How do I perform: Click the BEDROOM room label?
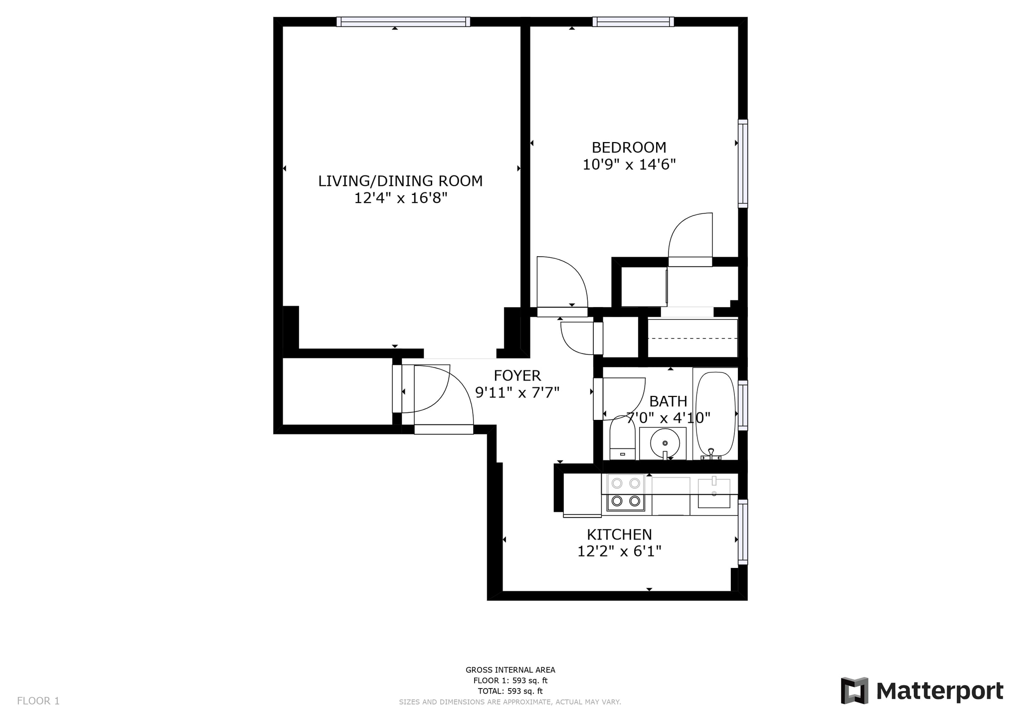click(629, 148)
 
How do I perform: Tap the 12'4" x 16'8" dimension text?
click(400, 198)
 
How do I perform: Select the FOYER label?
click(517, 375)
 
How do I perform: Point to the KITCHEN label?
click(619, 535)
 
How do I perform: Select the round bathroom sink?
click(664, 442)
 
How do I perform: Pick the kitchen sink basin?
click(714, 494)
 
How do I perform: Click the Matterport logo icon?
click(854, 691)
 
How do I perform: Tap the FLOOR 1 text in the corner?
click(38, 701)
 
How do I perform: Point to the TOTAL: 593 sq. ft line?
click(510, 691)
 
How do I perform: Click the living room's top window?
click(403, 21)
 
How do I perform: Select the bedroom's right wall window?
click(743, 164)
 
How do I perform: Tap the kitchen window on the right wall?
click(743, 532)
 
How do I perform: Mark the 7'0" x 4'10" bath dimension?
click(668, 417)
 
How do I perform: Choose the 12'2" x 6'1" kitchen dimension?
click(619, 551)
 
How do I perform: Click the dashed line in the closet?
click(692, 338)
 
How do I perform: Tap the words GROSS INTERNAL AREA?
click(510, 670)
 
